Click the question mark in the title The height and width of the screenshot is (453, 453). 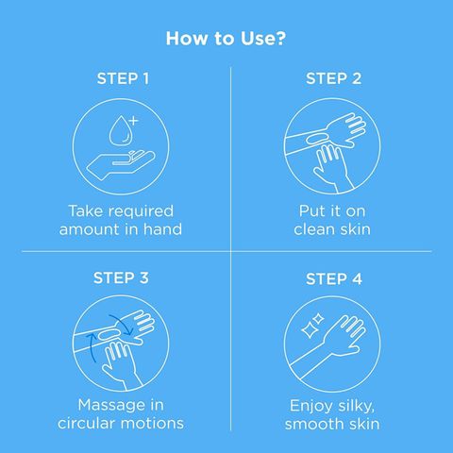click(x=279, y=38)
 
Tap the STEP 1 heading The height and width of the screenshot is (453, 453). click(x=123, y=78)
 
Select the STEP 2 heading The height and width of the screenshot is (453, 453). click(x=333, y=78)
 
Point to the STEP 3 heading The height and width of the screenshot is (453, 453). click(x=121, y=278)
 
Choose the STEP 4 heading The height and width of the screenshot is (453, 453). click(x=334, y=279)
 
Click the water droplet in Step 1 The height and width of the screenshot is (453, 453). click(x=120, y=131)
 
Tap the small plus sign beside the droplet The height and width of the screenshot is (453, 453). click(x=134, y=121)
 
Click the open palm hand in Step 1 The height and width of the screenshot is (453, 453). click(x=121, y=164)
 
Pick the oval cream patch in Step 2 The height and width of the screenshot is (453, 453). click(x=317, y=138)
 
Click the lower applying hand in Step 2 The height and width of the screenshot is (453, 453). click(x=333, y=168)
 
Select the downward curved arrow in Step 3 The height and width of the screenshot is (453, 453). click(x=123, y=324)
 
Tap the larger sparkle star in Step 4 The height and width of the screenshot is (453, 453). click(x=309, y=330)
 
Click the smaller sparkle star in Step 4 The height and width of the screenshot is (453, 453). click(x=318, y=319)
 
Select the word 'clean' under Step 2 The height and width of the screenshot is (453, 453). click(x=313, y=229)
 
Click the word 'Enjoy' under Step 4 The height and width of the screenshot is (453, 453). click(x=309, y=407)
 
